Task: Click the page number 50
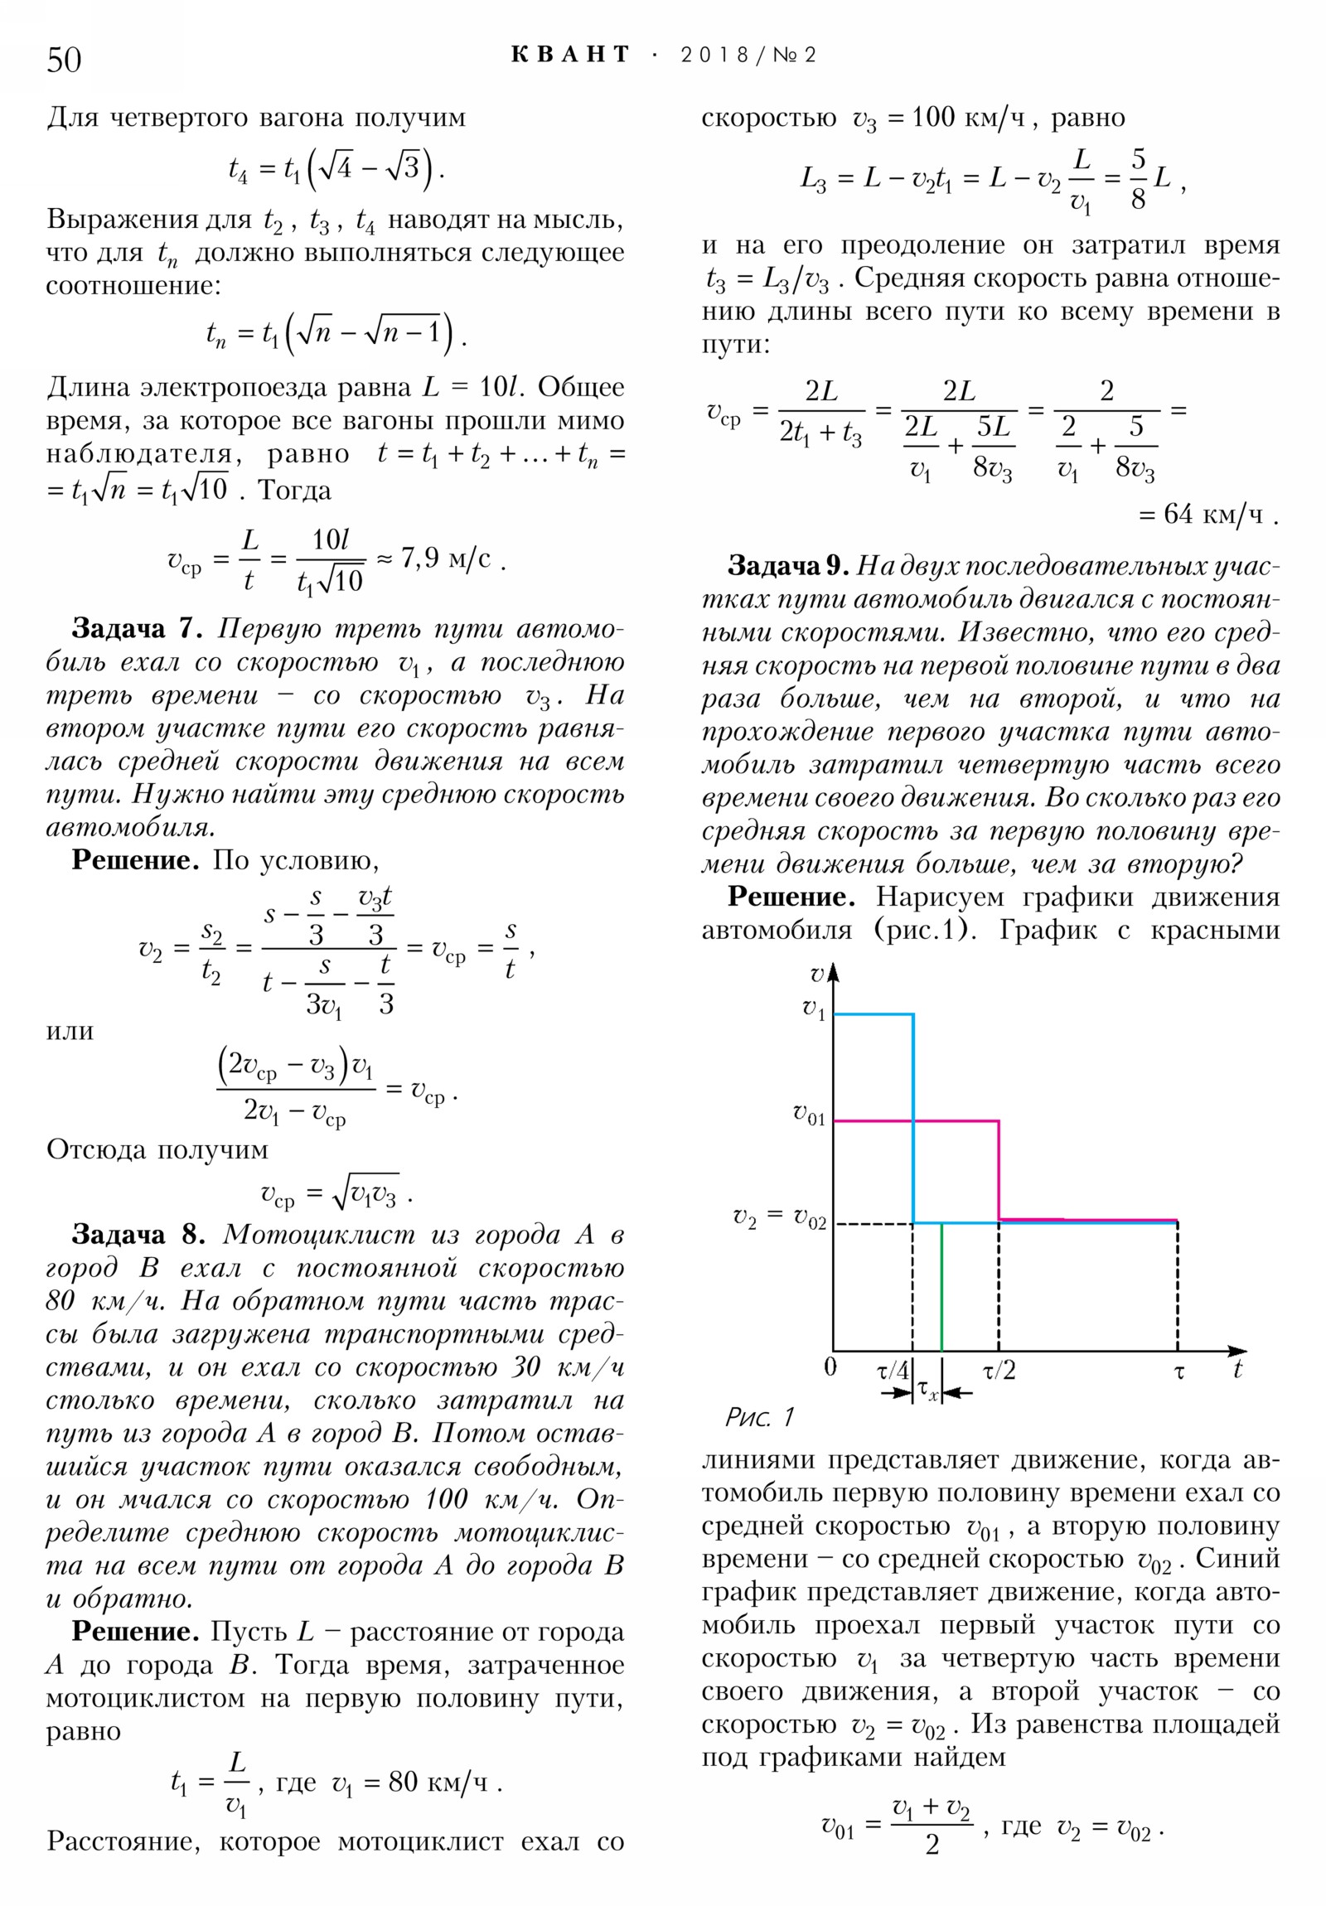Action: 64,60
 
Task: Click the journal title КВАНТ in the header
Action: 570,55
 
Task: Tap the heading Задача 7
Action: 137,628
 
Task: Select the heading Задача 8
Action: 138,1235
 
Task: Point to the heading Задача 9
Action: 787,566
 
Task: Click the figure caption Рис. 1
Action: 760,1416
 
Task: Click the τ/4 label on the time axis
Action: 893,1371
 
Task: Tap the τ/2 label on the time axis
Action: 999,1371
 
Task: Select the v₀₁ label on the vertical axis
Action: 809,1114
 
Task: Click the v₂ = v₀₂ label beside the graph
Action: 779,1218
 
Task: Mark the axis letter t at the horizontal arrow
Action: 1237,1370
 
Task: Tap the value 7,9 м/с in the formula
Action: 445,559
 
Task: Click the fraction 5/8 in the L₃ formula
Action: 1138,178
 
